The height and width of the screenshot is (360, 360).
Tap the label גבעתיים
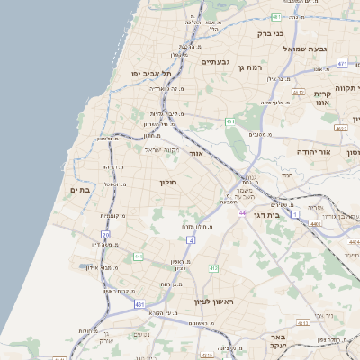(216, 61)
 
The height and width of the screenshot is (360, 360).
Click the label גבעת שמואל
(309, 49)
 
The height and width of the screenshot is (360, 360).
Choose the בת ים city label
(79, 190)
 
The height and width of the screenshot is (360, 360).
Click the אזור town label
(196, 154)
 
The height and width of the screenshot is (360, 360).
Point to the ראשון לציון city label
(213, 301)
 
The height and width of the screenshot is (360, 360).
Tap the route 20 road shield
(105, 236)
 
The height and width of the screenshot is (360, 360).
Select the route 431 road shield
(140, 305)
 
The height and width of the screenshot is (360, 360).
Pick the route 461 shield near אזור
(230, 121)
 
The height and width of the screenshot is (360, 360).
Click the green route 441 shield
(137, 256)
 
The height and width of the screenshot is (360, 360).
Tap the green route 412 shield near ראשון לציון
(213, 268)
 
